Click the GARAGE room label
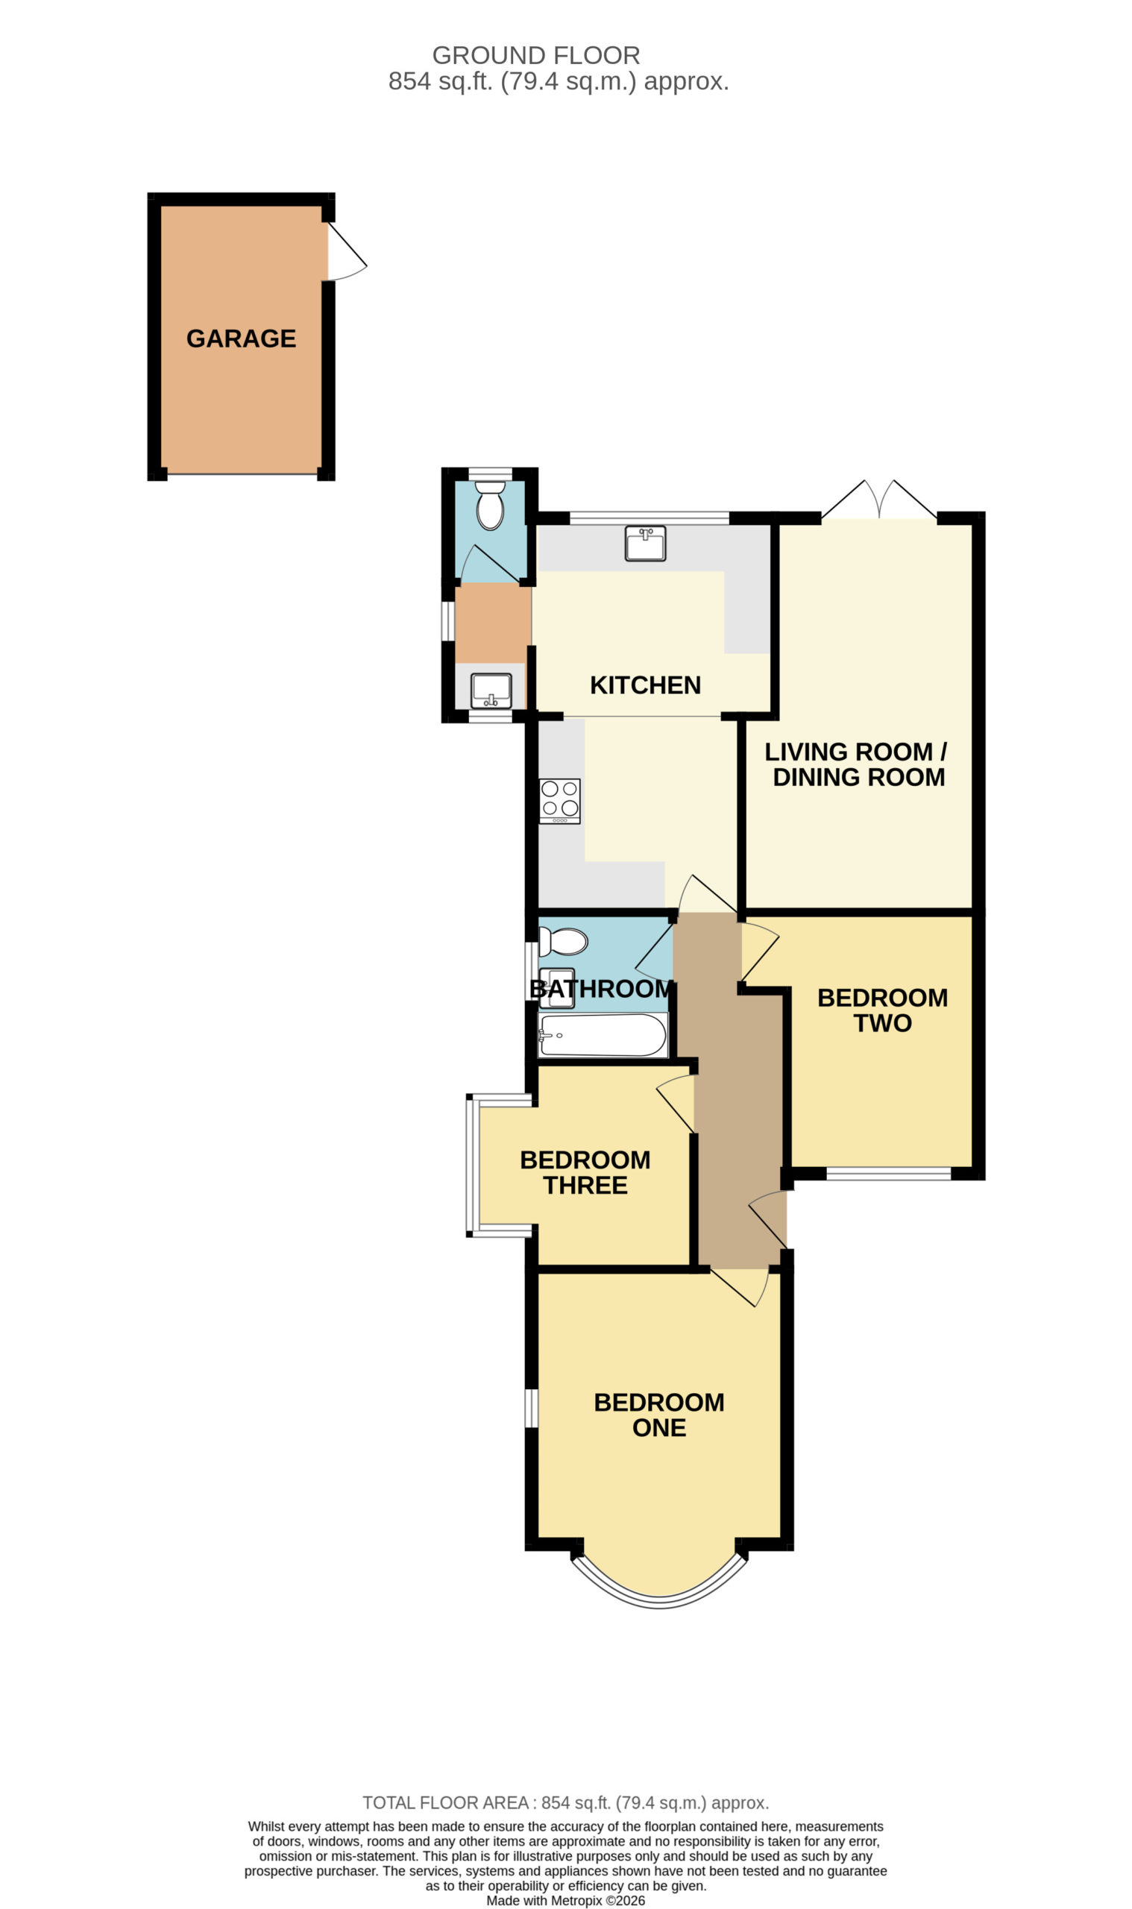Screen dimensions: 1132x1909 (x=241, y=339)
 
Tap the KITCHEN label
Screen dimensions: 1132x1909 (x=645, y=685)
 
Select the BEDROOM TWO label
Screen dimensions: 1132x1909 (x=883, y=1010)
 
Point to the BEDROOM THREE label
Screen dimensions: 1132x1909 (x=585, y=1172)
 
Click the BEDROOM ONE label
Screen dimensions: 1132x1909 (x=659, y=1415)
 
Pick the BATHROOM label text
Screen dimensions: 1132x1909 (x=602, y=989)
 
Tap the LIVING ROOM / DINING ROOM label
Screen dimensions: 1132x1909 (x=857, y=764)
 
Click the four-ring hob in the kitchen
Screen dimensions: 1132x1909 (x=560, y=801)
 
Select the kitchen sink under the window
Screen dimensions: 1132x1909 (x=645, y=543)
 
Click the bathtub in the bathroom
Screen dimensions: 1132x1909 (x=603, y=1035)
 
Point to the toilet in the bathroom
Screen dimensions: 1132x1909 (x=563, y=941)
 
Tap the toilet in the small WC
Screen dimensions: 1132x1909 (x=490, y=504)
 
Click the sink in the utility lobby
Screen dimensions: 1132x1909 (x=491, y=691)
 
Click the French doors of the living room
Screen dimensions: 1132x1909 (x=878, y=500)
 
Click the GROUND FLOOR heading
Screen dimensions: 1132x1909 (x=536, y=56)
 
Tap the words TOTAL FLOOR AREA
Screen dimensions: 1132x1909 (x=445, y=1803)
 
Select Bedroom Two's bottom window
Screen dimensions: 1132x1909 (x=889, y=1174)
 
